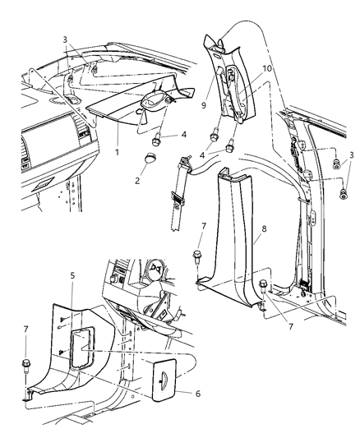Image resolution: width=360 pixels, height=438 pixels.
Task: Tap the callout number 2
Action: [x=136, y=176]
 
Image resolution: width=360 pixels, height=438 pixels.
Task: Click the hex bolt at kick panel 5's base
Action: [x=28, y=385]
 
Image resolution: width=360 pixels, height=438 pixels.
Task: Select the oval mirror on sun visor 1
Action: [x=155, y=103]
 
